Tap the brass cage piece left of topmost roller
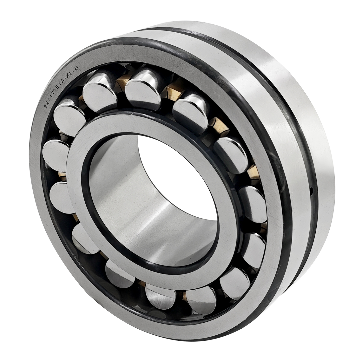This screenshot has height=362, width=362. coord(120,85)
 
